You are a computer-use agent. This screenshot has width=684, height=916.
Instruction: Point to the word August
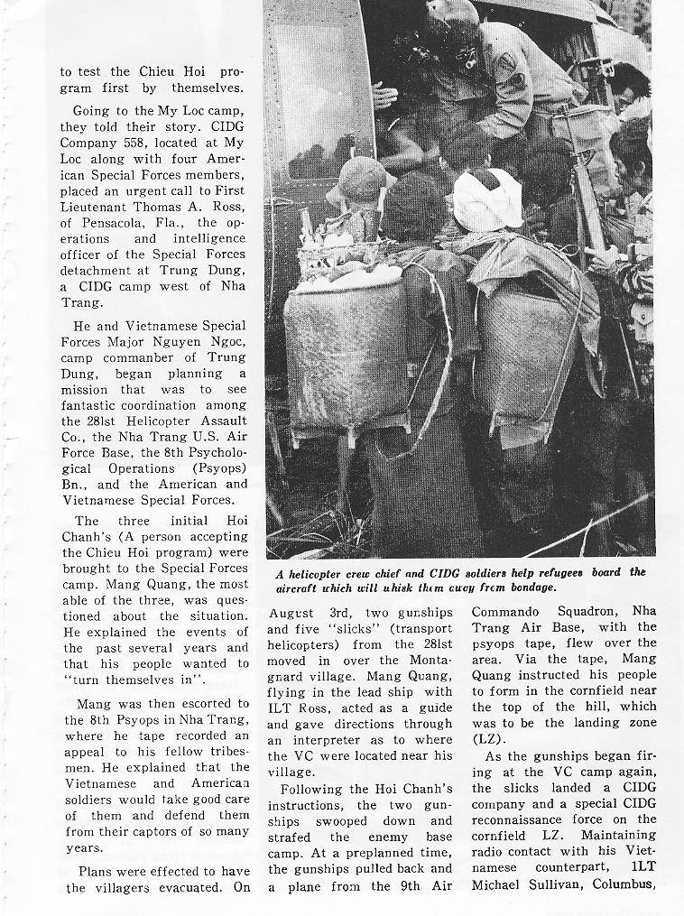(291, 614)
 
